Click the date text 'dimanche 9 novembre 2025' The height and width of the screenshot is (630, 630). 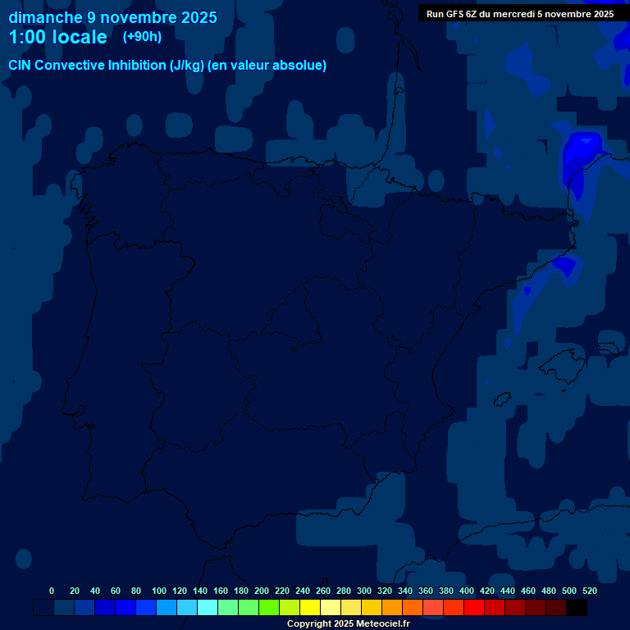tap(112, 17)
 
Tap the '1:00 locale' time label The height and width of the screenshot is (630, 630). tap(57, 37)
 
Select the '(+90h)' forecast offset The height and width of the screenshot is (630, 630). tap(142, 36)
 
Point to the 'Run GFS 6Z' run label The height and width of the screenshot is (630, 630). tap(520, 13)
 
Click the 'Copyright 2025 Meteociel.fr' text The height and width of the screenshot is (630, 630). tap(348, 623)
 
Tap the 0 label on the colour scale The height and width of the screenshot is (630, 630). tap(52, 591)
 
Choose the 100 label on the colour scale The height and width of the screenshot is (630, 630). tap(159, 591)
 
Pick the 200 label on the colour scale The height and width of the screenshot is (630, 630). tap(262, 591)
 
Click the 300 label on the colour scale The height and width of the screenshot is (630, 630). tap(364, 591)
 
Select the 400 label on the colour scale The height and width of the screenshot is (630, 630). tap(467, 591)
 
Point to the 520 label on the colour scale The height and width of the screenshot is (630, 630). tap(590, 591)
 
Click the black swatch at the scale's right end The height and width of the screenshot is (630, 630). tap(577, 607)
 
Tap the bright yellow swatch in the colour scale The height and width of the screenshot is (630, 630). tap(310, 607)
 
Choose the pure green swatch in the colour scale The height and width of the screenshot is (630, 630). tap(269, 607)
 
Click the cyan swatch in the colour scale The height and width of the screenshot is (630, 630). tap(208, 607)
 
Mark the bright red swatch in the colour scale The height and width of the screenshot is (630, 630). tap(474, 607)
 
